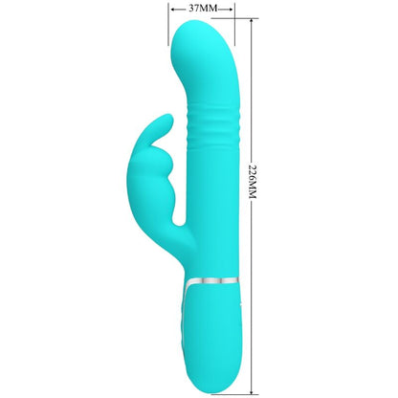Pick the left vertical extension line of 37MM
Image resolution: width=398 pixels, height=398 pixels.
[x=169, y=27]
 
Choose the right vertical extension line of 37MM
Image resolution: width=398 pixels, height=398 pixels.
[x=235, y=27]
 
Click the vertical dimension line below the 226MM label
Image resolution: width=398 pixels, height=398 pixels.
[x=253, y=306]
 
